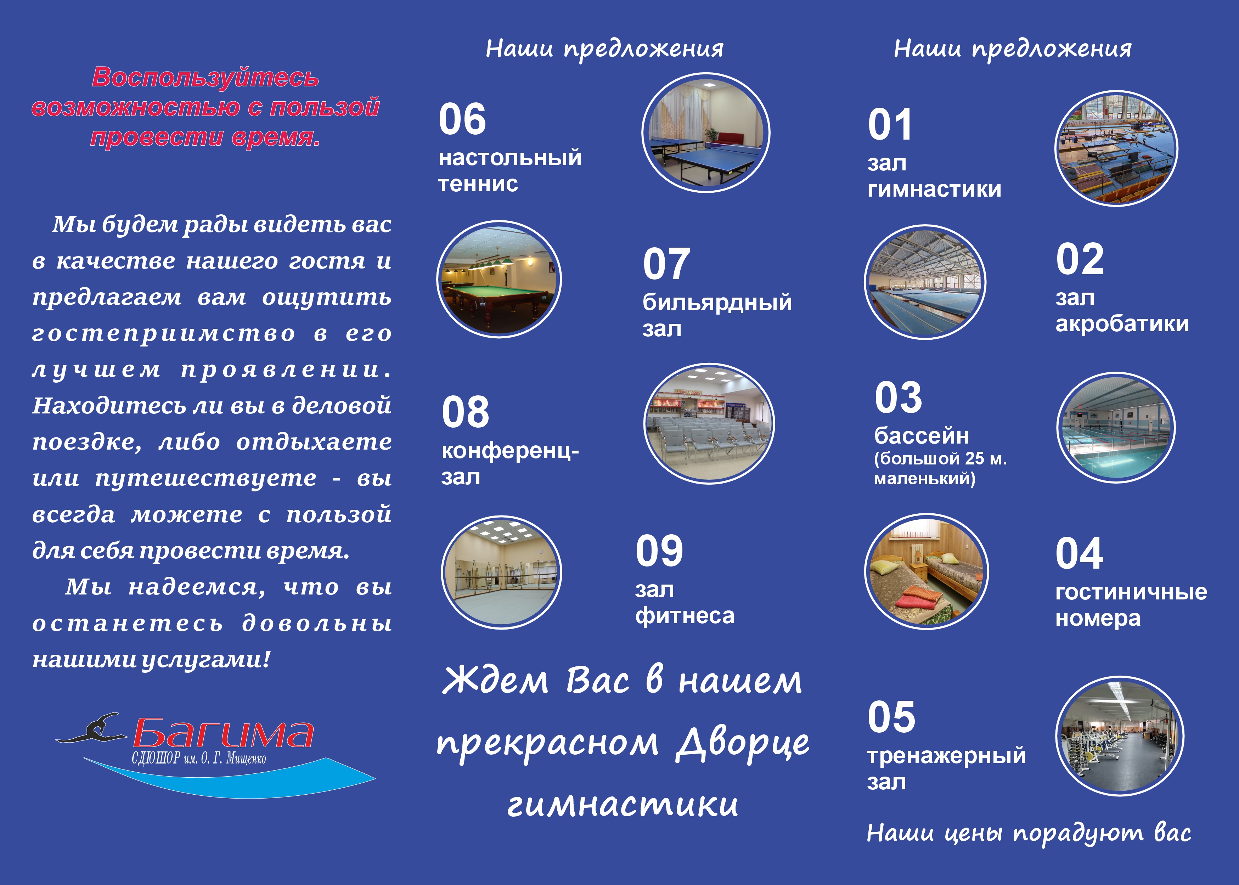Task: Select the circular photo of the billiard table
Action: [499, 279]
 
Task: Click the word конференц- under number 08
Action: [510, 452]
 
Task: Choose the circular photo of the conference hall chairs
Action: [709, 423]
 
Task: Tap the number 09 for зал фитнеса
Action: [659, 551]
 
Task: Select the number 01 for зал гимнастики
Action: [890, 125]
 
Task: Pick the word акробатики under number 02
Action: [1122, 324]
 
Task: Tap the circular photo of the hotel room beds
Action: [926, 571]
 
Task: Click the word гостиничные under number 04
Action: [1131, 592]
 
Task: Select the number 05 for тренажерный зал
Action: [891, 717]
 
